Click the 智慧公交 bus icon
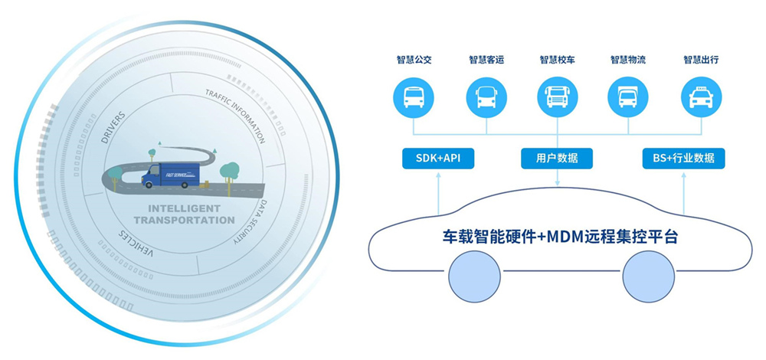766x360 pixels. (x=414, y=97)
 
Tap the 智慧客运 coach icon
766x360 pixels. (x=486, y=97)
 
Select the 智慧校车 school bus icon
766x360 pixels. (x=557, y=97)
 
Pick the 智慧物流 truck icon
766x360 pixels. (x=628, y=97)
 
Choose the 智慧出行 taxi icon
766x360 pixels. (x=701, y=97)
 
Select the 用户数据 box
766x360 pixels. (x=557, y=159)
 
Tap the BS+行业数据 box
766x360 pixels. (x=683, y=159)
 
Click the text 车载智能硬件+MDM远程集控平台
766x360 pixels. (x=561, y=237)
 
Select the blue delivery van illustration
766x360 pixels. (x=168, y=175)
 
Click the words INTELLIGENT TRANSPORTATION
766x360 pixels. (x=183, y=214)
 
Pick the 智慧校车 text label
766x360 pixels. (x=557, y=60)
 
